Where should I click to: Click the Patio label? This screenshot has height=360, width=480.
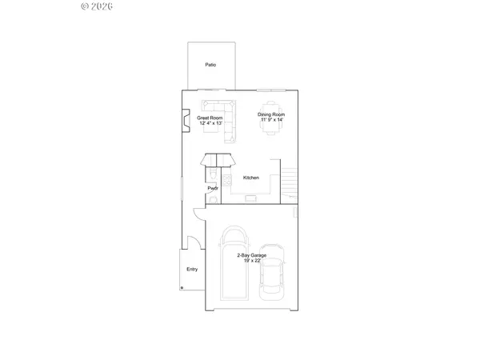coord(210,65)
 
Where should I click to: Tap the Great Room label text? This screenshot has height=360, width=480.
coord(210,118)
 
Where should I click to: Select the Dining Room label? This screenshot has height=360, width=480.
coord(271,114)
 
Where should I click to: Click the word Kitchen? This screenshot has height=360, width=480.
coord(251,178)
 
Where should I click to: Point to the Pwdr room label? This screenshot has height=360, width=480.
coord(213,188)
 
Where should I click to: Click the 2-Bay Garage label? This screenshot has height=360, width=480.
coord(252,255)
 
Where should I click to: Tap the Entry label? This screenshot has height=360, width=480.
coord(192,270)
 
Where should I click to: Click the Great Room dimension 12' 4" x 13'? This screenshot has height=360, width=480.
coord(211,123)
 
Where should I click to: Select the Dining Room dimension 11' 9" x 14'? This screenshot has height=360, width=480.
coord(271,120)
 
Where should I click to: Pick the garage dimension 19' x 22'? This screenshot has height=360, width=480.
coord(252,261)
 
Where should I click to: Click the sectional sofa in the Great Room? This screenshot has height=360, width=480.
coord(223,117)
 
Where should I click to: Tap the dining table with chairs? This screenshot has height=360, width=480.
coord(272,118)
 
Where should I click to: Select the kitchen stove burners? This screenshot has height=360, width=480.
coord(228,179)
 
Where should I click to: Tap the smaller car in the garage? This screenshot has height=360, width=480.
coord(272,272)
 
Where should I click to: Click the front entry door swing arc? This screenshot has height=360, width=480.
coord(193,242)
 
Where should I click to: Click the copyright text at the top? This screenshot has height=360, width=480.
coord(97,6)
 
